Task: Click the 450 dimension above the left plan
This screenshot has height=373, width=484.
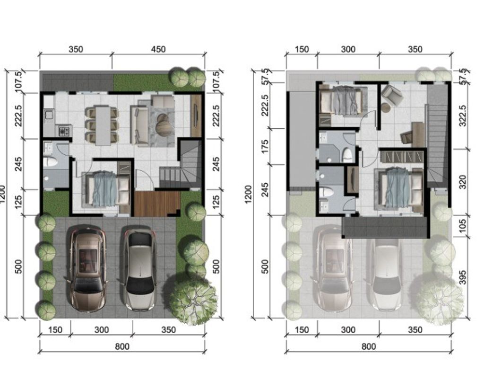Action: [158, 49]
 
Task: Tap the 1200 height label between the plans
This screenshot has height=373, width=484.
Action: [248, 195]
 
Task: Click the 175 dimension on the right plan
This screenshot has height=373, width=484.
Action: [265, 146]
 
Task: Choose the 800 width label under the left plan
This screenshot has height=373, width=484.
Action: [122, 346]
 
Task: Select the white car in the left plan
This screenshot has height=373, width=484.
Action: [139, 268]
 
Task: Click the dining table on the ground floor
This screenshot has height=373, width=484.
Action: [103, 125]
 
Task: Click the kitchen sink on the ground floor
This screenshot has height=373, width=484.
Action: [49, 115]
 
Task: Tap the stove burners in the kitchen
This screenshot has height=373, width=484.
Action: [64, 131]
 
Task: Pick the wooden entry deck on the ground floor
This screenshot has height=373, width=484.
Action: [157, 204]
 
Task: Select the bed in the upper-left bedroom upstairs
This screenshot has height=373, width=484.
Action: [341, 100]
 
